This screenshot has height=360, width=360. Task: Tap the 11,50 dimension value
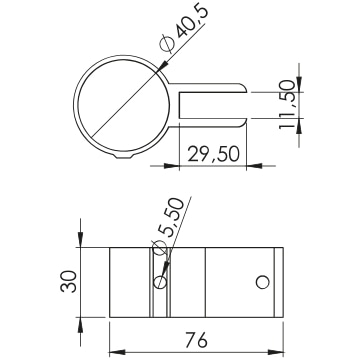287,105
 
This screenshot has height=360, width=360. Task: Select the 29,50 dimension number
214,154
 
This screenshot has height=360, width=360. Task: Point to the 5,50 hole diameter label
168,227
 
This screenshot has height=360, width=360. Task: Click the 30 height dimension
69,281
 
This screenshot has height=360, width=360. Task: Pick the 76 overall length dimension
196,340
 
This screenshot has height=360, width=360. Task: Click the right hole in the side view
262,282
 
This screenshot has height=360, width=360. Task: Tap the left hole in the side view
160,282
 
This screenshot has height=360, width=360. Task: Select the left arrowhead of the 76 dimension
117,352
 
